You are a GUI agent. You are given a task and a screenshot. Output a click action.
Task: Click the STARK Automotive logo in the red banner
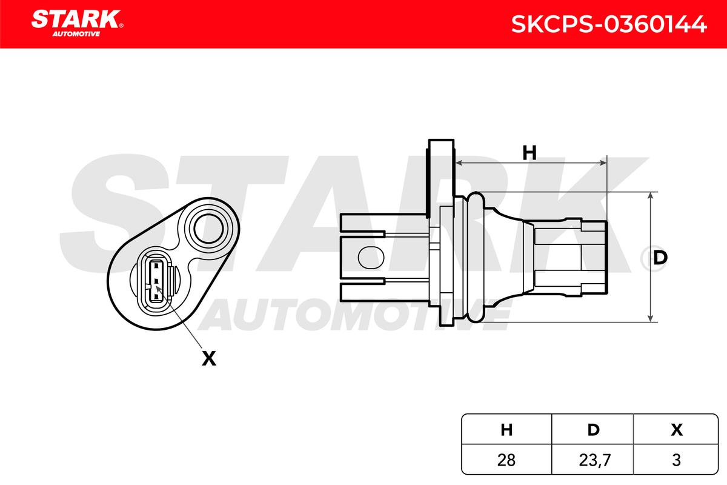pos(77,24)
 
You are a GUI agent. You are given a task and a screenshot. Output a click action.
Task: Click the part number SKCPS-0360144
pos(609,24)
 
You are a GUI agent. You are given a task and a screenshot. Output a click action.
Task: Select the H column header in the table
pos(506,430)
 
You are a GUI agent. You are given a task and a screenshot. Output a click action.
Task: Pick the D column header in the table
pos(593,430)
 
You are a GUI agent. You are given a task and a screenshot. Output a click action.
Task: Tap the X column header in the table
pos(677,430)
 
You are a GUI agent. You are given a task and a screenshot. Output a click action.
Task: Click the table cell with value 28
pos(506,460)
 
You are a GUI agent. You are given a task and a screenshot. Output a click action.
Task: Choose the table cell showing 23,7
pos(593,460)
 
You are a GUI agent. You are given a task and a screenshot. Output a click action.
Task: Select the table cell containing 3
pos(676,460)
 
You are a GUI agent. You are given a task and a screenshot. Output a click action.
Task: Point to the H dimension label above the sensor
pos(529,153)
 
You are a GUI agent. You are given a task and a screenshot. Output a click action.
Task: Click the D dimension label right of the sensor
pos(660,258)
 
